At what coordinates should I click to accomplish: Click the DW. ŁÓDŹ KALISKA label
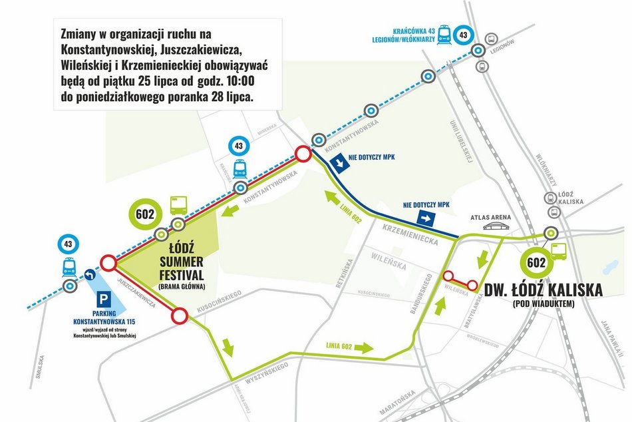[552, 290]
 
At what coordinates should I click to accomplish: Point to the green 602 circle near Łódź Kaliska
[536, 262]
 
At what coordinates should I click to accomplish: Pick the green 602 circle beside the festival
[145, 214]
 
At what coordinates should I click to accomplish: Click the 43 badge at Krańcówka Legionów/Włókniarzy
[464, 35]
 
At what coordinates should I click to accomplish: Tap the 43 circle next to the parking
[69, 244]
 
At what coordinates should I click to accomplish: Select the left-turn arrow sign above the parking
[90, 273]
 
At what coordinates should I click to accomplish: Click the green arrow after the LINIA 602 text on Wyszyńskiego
[365, 347]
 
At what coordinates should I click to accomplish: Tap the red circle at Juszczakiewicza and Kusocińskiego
[179, 317]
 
